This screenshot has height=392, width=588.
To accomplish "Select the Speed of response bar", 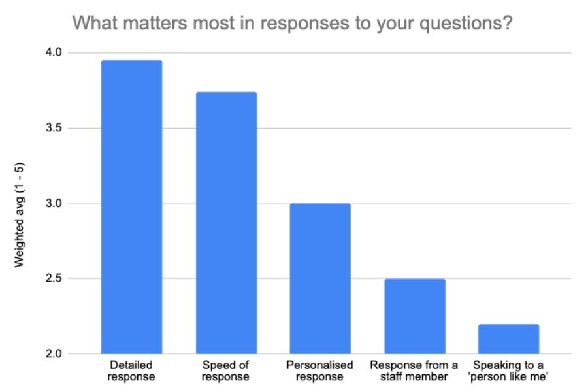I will (226, 223).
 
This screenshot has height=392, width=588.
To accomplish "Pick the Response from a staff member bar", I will (415, 316).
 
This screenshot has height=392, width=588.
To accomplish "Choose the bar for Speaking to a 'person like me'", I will (509, 339).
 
